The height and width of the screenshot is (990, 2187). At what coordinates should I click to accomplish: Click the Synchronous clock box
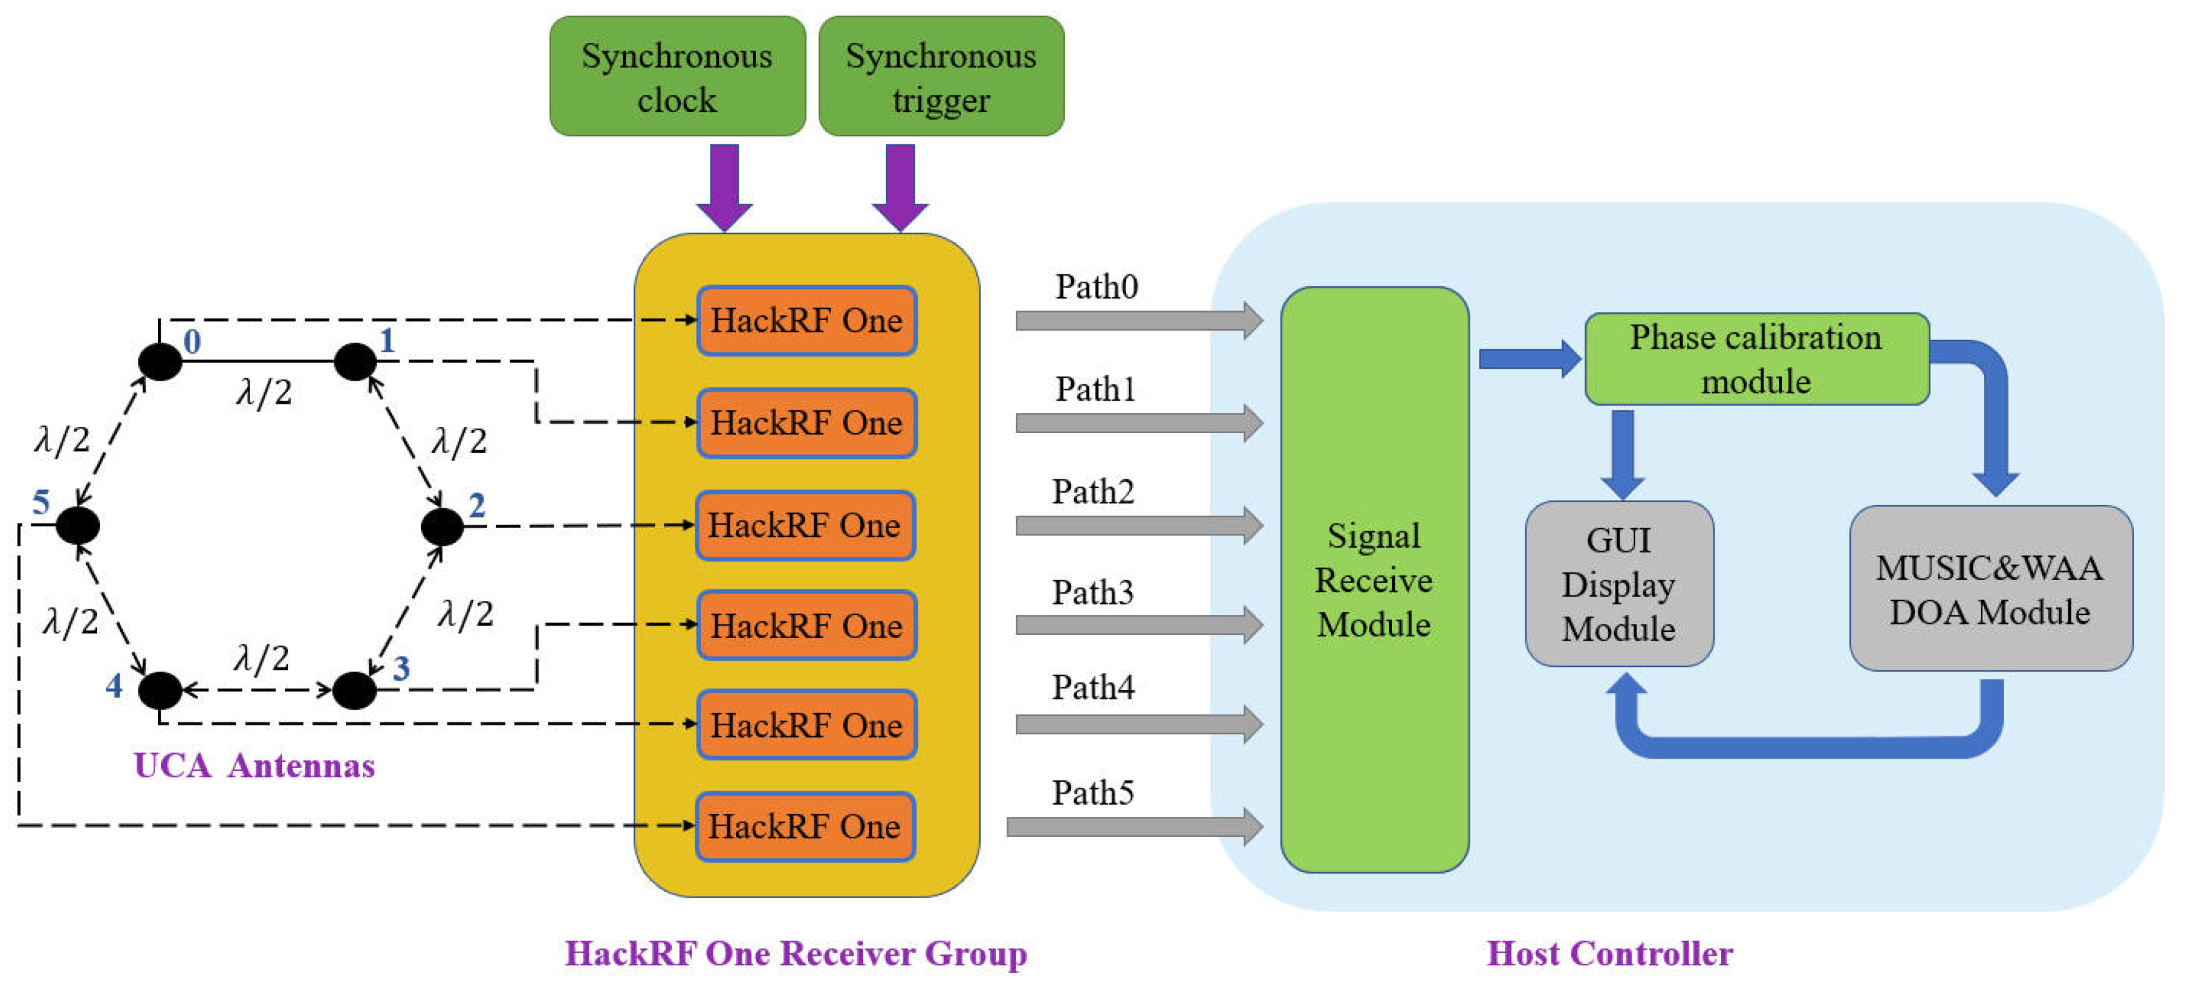(677, 76)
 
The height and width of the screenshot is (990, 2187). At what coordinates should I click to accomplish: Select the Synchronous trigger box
(940, 76)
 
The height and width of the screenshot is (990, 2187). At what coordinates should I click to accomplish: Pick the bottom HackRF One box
(805, 826)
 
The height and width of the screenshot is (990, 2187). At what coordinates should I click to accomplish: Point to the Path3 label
(1093, 592)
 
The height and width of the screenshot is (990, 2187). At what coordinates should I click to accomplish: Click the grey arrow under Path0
(1138, 320)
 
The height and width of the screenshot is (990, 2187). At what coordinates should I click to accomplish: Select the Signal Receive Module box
(1373, 580)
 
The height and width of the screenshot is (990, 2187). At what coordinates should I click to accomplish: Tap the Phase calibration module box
(1756, 359)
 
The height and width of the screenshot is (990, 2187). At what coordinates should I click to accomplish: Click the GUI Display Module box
(1618, 584)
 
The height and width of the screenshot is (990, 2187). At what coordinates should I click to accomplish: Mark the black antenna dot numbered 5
(78, 526)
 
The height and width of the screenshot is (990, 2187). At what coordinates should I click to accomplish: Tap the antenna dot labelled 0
(159, 362)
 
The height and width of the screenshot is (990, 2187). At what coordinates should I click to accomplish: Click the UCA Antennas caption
(254, 766)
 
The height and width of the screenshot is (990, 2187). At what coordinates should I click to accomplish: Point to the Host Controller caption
(1609, 954)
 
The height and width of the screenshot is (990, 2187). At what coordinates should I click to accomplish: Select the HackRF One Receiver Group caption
(795, 954)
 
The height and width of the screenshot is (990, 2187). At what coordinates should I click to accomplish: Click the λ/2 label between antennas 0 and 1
(264, 392)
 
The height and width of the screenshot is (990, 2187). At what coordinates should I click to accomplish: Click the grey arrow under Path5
(1133, 826)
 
